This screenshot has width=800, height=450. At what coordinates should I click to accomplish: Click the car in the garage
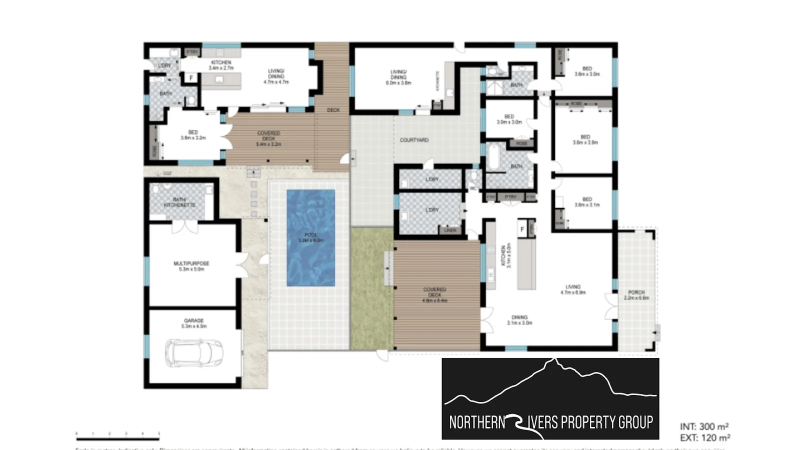coord(194,352)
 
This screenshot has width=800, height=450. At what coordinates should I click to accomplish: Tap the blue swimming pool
coord(310,237)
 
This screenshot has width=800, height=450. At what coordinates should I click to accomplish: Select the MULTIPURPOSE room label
coord(191,266)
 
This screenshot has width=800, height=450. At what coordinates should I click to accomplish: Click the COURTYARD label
coord(414,140)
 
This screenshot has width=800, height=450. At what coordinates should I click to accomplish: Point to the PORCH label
coord(636,295)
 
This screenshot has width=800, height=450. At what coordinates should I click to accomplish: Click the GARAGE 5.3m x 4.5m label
coord(193,323)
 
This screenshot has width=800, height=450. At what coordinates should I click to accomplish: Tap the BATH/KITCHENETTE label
coord(179,202)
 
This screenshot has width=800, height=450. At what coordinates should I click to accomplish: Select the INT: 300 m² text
coord(704,426)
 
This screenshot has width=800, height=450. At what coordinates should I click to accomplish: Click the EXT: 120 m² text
coord(705,438)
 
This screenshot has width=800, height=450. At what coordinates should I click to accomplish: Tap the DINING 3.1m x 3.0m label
coord(519,320)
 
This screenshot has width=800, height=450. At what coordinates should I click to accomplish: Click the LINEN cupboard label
coord(450,230)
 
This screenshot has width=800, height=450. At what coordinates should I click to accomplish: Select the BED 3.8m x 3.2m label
coord(193,135)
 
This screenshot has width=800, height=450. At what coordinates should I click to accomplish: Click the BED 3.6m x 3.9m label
coord(585,139)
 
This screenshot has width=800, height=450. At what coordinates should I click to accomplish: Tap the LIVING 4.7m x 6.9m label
coord(573,289)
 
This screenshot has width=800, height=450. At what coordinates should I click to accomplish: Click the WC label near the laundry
coord(472,189)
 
